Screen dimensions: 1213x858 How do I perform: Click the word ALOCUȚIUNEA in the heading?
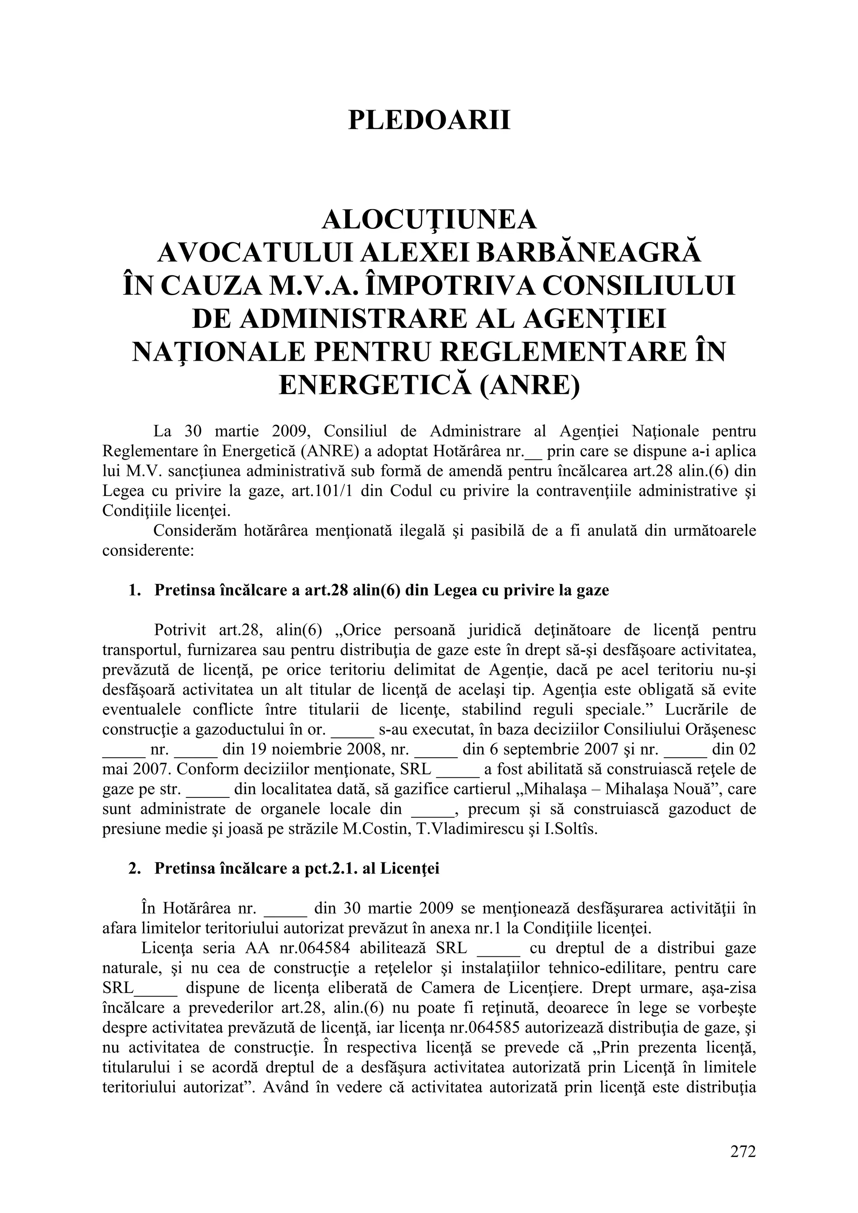(x=429, y=220)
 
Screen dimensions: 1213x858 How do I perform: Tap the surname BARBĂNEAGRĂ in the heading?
(x=586, y=253)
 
